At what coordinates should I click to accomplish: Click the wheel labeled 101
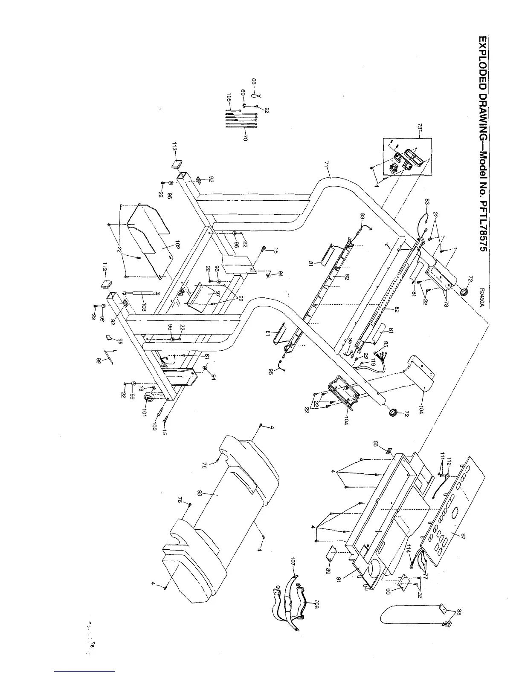click(150, 398)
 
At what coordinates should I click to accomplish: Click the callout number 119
click(373, 362)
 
